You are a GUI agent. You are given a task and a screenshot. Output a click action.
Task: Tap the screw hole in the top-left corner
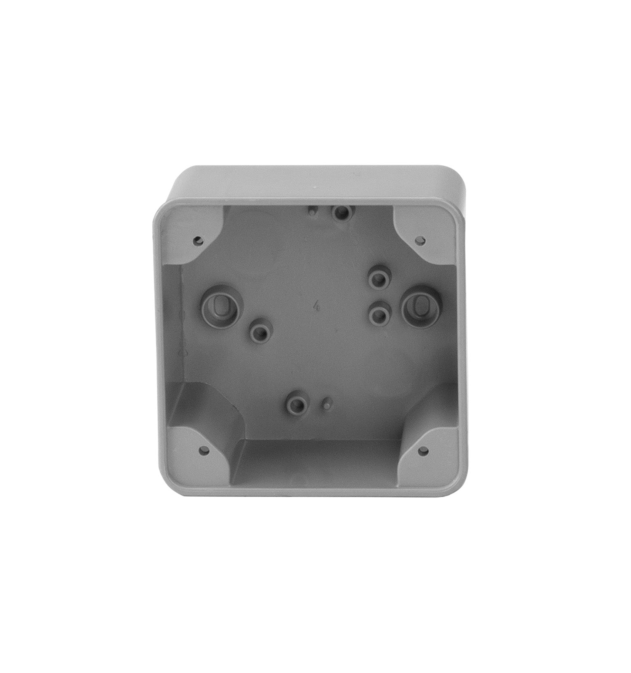[199, 241]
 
